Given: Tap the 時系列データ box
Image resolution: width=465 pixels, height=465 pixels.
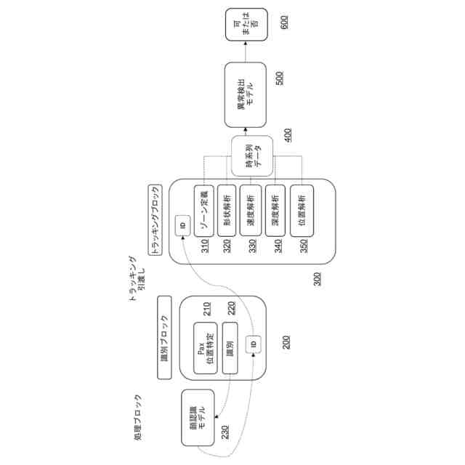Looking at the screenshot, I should click(251, 155).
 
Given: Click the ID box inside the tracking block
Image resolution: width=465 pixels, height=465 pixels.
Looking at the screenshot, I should click(182, 225).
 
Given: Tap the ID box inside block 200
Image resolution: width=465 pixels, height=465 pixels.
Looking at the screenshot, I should click(254, 343).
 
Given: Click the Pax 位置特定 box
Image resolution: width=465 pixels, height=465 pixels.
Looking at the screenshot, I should click(206, 347).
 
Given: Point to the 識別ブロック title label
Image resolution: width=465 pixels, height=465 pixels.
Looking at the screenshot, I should click(163, 337).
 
